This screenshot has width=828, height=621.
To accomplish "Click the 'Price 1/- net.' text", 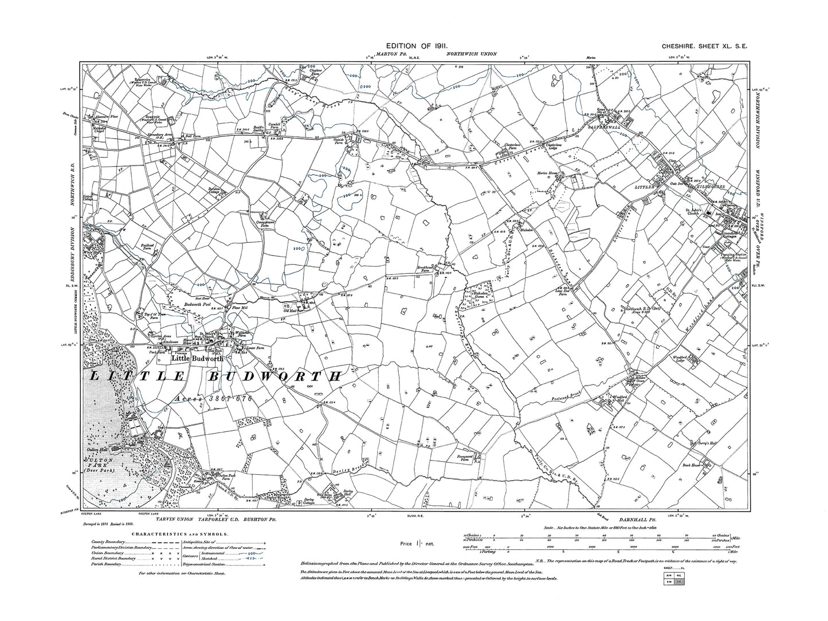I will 419,542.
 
